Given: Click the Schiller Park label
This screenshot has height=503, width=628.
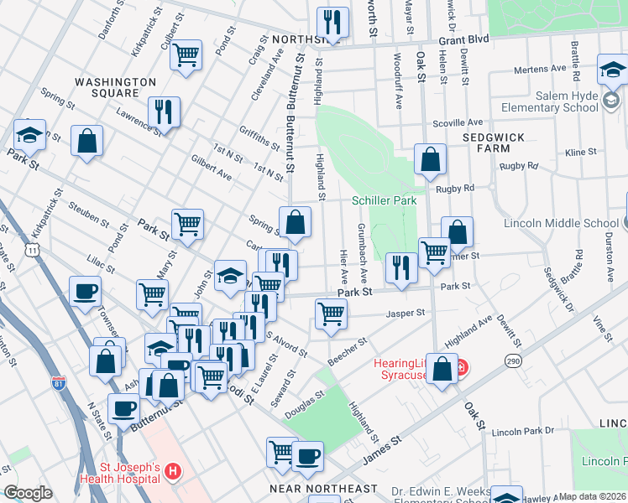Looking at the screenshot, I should (384, 200).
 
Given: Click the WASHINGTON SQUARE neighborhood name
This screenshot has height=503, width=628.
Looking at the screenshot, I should (115, 87).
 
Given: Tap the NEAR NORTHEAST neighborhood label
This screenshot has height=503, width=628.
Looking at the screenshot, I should (323, 488).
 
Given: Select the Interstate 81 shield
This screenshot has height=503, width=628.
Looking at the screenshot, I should (58, 384).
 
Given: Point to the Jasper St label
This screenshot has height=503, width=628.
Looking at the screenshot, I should (406, 314).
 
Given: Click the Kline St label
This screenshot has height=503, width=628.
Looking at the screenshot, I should (580, 153).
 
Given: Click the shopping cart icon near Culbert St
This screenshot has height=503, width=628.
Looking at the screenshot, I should (186, 54).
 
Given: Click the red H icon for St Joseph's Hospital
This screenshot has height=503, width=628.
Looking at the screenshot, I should (172, 473).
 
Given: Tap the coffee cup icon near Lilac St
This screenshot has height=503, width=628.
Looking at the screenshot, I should (85, 292).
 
